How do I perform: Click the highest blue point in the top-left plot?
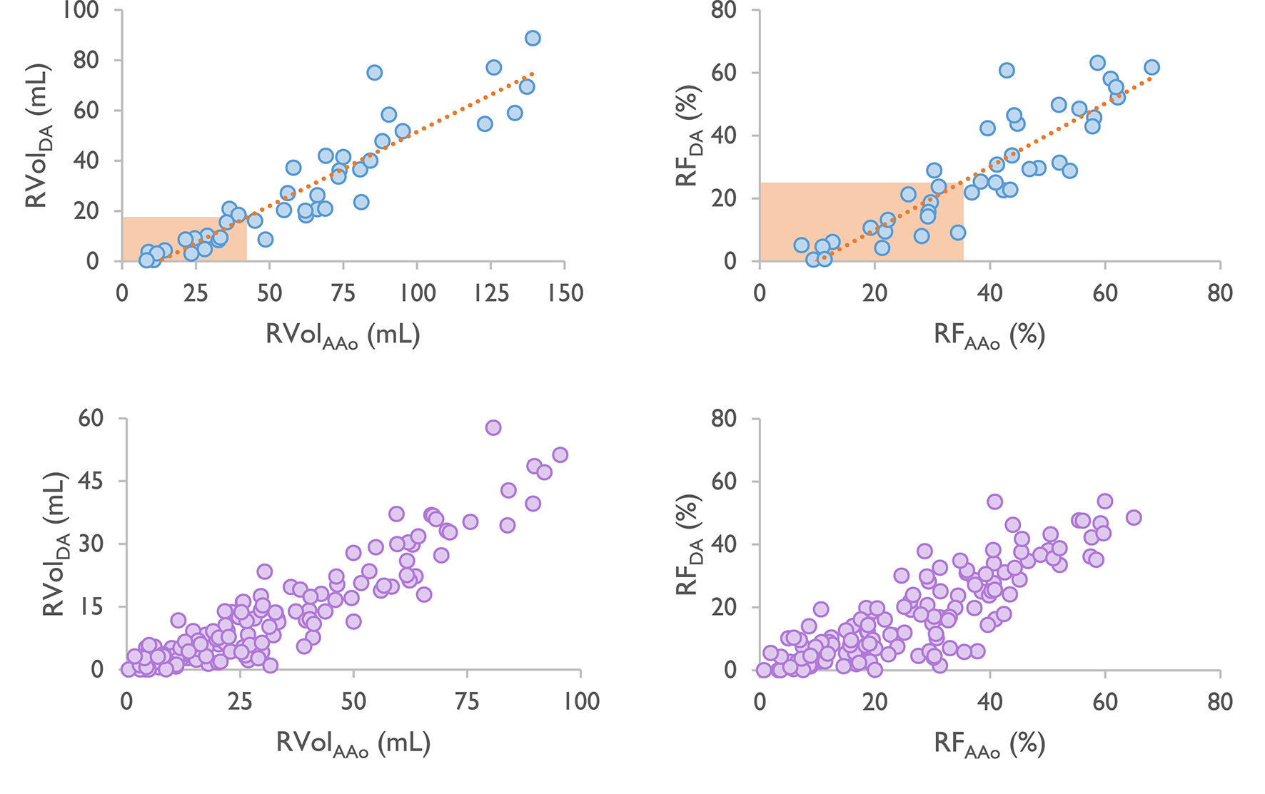click(533, 39)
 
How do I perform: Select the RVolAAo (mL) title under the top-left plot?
click(343, 335)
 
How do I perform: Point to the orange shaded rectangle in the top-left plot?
click(184, 239)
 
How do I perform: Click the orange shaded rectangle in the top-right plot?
click(861, 221)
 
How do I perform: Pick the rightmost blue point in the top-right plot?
click(1151, 68)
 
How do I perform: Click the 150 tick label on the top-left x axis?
click(565, 293)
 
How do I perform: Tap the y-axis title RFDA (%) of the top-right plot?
click(689, 136)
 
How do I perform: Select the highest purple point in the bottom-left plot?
click(493, 428)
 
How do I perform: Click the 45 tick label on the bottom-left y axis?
click(92, 482)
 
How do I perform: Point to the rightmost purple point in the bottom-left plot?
click(560, 455)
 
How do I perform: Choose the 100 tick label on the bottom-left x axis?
click(580, 701)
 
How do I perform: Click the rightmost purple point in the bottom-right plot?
click(1134, 518)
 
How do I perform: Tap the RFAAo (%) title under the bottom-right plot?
click(989, 744)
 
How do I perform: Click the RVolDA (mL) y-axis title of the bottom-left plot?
click(55, 544)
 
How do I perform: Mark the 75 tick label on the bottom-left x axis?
click(467, 701)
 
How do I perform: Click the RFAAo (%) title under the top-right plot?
click(989, 335)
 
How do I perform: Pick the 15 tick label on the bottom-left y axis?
click(92, 607)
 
